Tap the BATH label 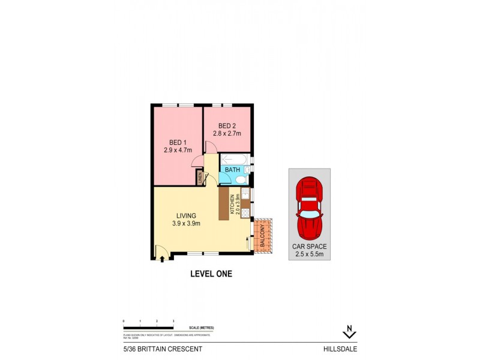click(x=232, y=170)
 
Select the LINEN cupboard click(x=200, y=178)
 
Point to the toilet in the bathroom click(x=248, y=170)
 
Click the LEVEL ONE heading click(x=211, y=274)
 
